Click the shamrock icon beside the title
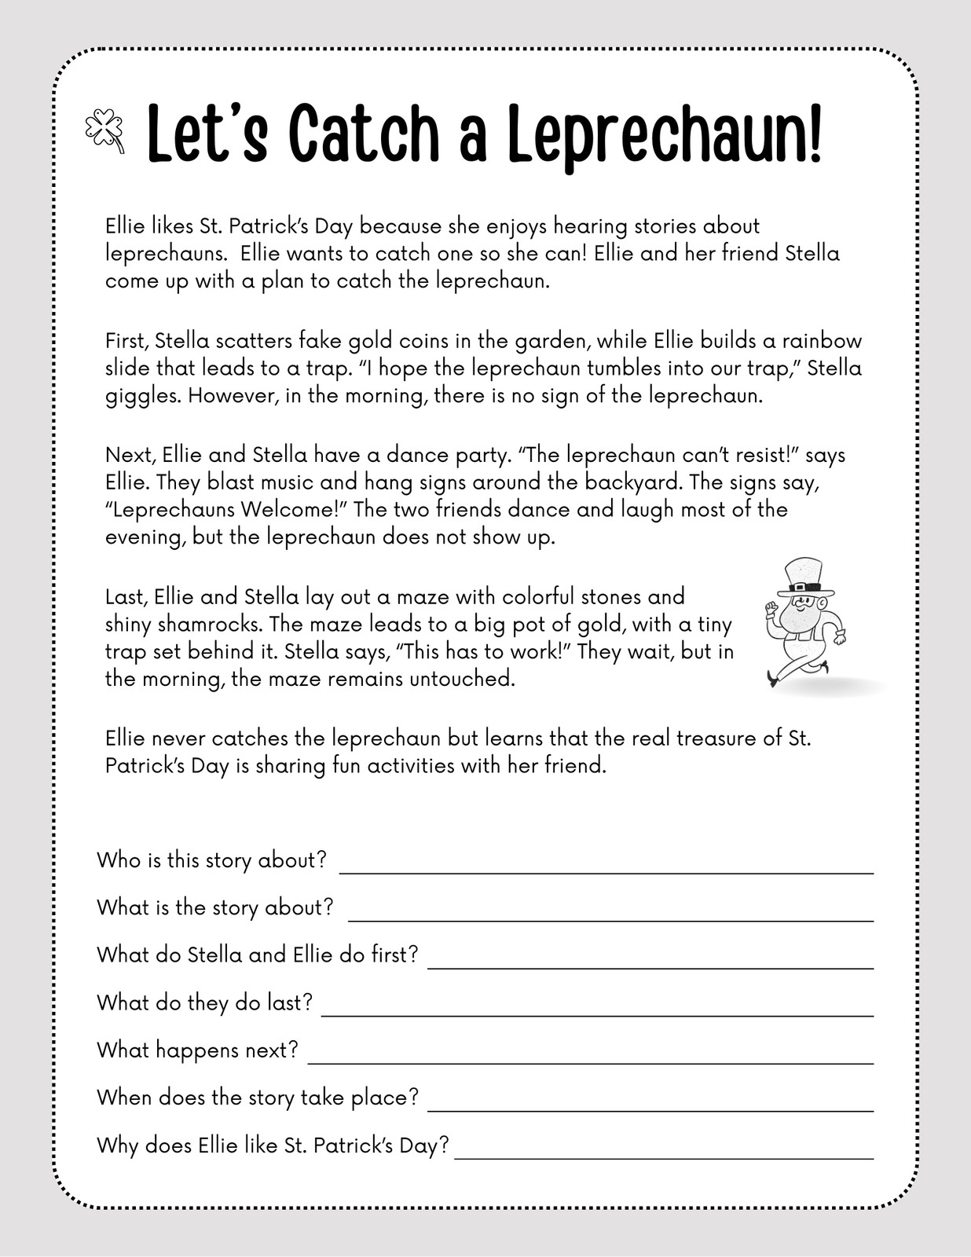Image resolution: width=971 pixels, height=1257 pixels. pos(104,130)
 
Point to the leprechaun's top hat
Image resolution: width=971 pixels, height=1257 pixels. pos(802,577)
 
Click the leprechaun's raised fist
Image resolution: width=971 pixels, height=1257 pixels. pos(772,609)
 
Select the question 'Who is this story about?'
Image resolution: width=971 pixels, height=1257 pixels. pos(211,860)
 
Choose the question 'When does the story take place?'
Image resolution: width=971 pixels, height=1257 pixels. pos(258,1098)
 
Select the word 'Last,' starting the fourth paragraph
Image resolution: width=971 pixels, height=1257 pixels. pos(126,597)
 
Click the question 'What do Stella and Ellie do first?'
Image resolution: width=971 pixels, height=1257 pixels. pos(258,955)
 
